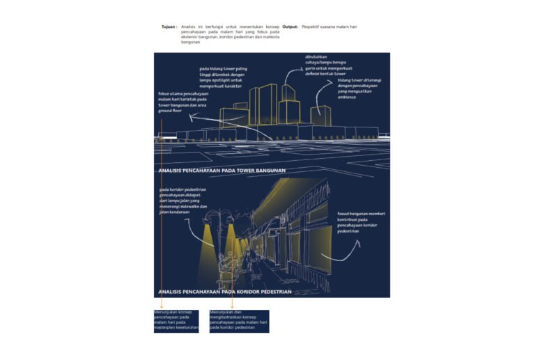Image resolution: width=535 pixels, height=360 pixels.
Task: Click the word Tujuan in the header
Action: [x=168, y=26]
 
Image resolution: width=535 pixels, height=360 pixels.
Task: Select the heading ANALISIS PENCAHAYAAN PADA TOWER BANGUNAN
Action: [x=222, y=171]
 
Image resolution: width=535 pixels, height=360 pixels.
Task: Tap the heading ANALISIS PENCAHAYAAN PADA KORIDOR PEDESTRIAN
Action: [x=225, y=292]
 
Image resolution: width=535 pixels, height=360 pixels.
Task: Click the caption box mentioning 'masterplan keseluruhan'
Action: [x=176, y=321]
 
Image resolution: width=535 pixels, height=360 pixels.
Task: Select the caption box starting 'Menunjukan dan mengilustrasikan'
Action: [x=239, y=321]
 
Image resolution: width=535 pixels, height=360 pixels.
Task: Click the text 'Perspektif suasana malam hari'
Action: [x=329, y=26]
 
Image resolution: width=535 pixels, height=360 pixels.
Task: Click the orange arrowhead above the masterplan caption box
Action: [x=161, y=306]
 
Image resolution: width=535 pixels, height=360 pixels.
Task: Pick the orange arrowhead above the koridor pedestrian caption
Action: [x=232, y=306]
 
